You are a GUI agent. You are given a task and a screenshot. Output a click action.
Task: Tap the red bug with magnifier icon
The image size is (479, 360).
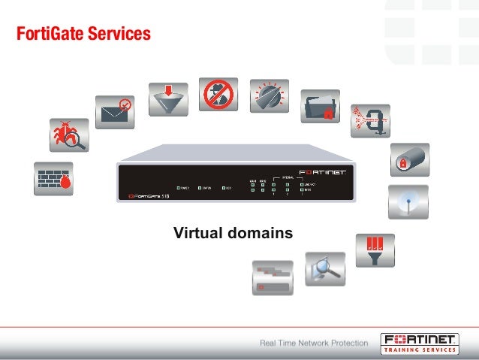69,133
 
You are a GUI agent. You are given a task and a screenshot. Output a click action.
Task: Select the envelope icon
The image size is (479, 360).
114,111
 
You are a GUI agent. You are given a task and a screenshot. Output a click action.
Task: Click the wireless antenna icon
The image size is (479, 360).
408,201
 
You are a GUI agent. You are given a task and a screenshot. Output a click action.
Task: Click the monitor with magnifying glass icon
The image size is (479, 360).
325,268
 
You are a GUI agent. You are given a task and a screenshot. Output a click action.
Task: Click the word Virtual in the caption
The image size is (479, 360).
197,234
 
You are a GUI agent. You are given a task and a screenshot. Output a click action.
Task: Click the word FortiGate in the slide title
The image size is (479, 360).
47,34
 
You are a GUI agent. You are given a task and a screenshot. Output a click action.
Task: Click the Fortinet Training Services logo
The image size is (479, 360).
418,342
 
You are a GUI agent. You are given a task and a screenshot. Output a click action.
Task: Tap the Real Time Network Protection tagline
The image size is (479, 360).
314,343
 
